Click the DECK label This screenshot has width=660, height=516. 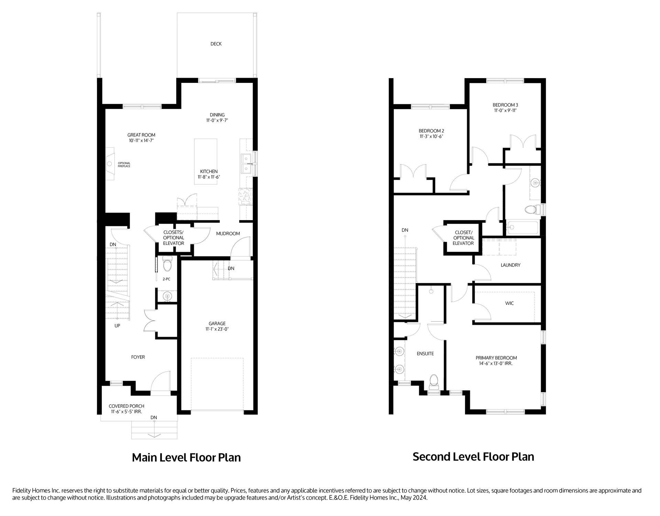tap(216, 44)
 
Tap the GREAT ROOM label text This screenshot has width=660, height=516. tap(141, 135)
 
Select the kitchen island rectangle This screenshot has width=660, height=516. tap(206, 161)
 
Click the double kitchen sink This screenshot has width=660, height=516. tap(246, 164)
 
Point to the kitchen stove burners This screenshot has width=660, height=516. tap(246, 197)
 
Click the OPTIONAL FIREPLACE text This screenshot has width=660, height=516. tap(124, 165)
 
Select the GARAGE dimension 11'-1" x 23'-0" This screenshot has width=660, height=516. tap(217, 329)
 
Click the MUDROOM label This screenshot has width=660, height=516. tap(228, 234)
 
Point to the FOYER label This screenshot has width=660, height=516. tap(138, 357)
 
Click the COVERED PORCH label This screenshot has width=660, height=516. tap(126, 406)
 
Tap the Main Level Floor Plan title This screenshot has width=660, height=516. tap(186, 458)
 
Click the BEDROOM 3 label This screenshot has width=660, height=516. tap(505, 105)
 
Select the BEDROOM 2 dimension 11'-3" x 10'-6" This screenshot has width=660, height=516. tap(431, 137)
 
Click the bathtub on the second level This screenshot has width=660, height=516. tap(522, 227)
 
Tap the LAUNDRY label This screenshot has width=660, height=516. tap(510, 265)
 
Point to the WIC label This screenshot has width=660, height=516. tap(509, 303)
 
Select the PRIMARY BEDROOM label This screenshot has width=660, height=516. tap(496, 358)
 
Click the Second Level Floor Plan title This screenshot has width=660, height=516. tap(473, 456)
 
